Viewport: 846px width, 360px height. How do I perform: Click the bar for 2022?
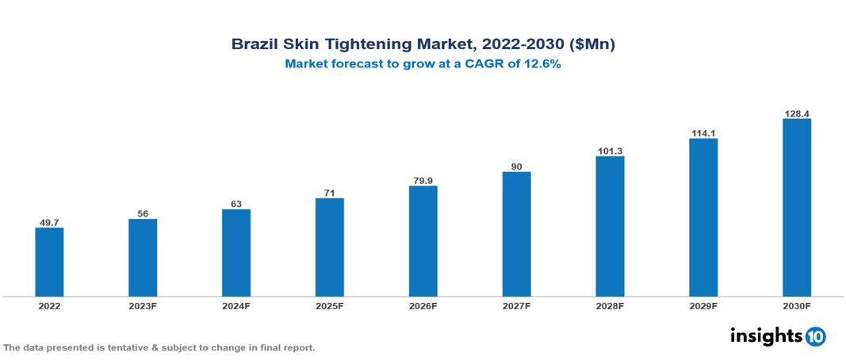click(49, 262)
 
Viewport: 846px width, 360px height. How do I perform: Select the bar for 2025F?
click(330, 247)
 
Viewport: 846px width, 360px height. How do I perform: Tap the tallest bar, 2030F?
click(796, 208)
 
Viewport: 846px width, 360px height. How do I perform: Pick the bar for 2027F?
click(516, 234)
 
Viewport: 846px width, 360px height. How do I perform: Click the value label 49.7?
click(49, 223)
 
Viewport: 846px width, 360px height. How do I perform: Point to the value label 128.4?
click(796, 113)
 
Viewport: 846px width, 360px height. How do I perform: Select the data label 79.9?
click(423, 180)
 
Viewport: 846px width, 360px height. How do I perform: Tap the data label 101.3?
click(610, 151)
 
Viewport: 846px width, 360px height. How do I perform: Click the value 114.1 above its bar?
click(703, 133)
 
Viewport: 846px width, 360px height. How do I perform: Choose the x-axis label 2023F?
click(143, 305)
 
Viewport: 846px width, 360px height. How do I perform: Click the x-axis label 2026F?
click(423, 305)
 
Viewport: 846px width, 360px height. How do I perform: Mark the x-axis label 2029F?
click(703, 305)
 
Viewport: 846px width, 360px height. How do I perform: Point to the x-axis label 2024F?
click(236, 305)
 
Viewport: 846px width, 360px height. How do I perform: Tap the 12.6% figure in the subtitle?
click(541, 65)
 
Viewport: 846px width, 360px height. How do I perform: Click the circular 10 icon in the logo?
click(815, 336)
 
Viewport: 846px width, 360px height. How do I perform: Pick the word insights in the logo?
click(766, 335)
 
